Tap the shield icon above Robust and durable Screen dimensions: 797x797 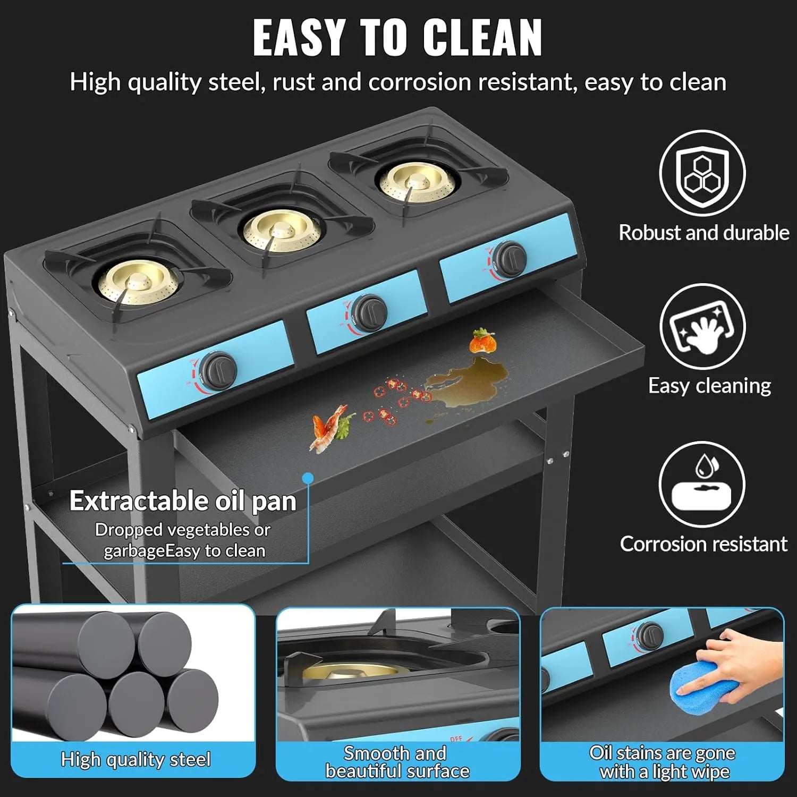[702, 173]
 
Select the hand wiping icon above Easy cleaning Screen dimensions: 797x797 [702, 327]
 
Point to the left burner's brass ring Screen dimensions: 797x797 [137, 281]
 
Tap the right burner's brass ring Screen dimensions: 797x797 [419, 182]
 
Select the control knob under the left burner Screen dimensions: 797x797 [221, 368]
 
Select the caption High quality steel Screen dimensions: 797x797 [135, 759]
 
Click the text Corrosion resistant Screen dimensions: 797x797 [703, 544]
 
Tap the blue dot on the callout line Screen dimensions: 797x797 [307, 478]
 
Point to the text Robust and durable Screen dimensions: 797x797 [703, 233]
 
